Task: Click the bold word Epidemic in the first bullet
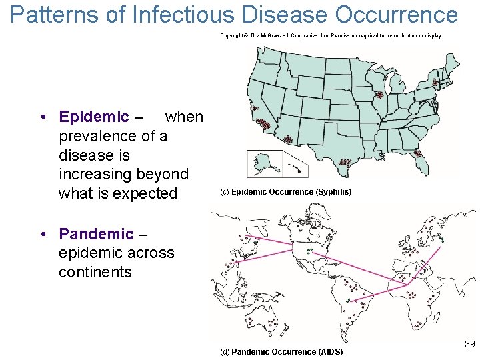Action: coord(93,117)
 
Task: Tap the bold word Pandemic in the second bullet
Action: coord(96,234)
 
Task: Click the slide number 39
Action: coord(469,344)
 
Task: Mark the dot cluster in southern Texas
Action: coord(345,161)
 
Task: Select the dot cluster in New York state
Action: coord(435,83)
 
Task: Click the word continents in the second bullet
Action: coord(95,272)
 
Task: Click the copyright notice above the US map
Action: coord(331,35)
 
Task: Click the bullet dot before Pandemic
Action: coord(42,235)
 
